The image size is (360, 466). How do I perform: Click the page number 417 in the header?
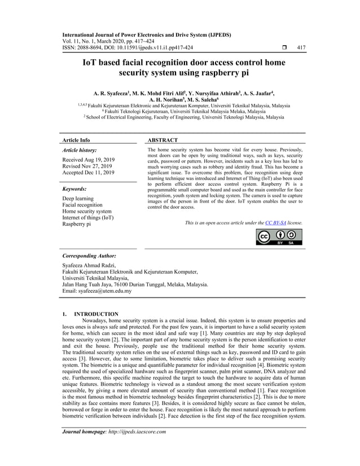pos(301,48)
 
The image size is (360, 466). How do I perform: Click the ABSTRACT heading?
pos(163,140)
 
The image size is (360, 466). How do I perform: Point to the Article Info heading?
pos(76,140)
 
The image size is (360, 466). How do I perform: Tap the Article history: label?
pos(79,151)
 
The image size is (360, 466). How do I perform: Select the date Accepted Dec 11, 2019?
pos(88,173)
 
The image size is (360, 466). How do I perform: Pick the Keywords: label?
pos(74,189)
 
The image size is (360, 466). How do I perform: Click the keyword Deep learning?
pos(78,199)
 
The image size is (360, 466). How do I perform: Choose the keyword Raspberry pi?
pos(76,224)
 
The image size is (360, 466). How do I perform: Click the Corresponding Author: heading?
pos(89,256)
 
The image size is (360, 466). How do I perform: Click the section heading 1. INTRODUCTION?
pos(90,314)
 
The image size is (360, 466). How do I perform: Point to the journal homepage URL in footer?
pos(140,447)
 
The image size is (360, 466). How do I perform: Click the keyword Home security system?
pos(87,212)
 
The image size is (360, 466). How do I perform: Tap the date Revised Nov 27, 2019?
pos(87,166)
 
